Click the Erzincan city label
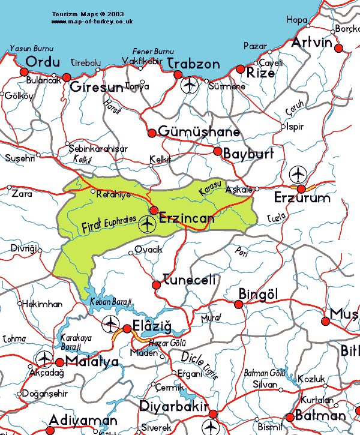click(187, 219)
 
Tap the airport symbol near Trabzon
click(190, 86)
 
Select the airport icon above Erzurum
click(298, 175)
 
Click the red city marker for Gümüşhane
click(152, 132)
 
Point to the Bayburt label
click(248, 154)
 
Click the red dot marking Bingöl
click(239, 304)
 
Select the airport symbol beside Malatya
click(44, 359)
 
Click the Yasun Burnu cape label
click(32, 49)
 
